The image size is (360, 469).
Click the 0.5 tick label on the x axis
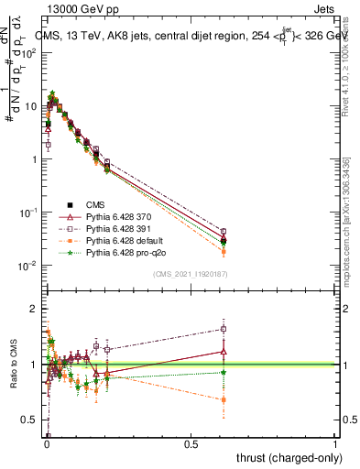coord(191,443)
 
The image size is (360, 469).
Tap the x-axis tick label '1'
coord(334,443)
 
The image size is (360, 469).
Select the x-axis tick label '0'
coord(47,443)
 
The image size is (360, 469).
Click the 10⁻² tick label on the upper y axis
coord(30,266)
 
